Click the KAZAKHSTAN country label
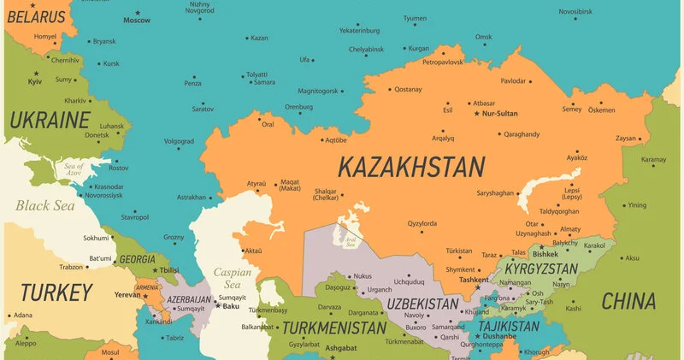pyautogui.click(x=410, y=166)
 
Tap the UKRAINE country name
pyautogui.click(x=49, y=119)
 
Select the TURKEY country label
pyautogui.click(x=56, y=292)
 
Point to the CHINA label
pyautogui.click(x=628, y=301)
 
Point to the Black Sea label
pyautogui.click(x=44, y=205)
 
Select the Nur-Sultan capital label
pyautogui.click(x=501, y=113)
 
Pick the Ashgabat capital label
pyautogui.click(x=340, y=348)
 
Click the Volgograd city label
pyautogui.click(x=179, y=141)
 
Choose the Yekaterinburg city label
pyautogui.click(x=359, y=30)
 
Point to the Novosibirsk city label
pyautogui.click(x=575, y=11)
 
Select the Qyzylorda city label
pyautogui.click(x=422, y=224)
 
